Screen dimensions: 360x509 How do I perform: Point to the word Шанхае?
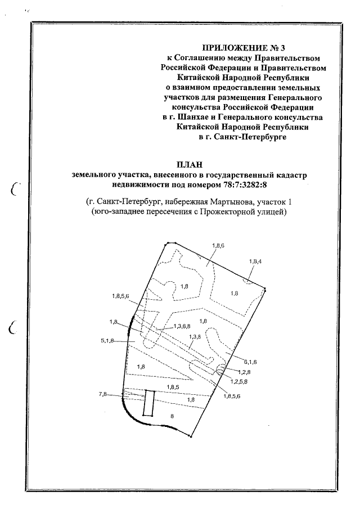point(183,116)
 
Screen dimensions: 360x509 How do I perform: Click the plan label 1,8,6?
point(218,246)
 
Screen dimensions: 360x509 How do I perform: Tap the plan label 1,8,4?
point(255,262)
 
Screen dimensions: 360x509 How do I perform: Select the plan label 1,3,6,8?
point(182,326)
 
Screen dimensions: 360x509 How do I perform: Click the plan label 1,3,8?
point(195,336)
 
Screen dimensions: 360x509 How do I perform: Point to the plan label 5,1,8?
point(107,341)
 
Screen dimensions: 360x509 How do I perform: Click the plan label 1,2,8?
point(244,372)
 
